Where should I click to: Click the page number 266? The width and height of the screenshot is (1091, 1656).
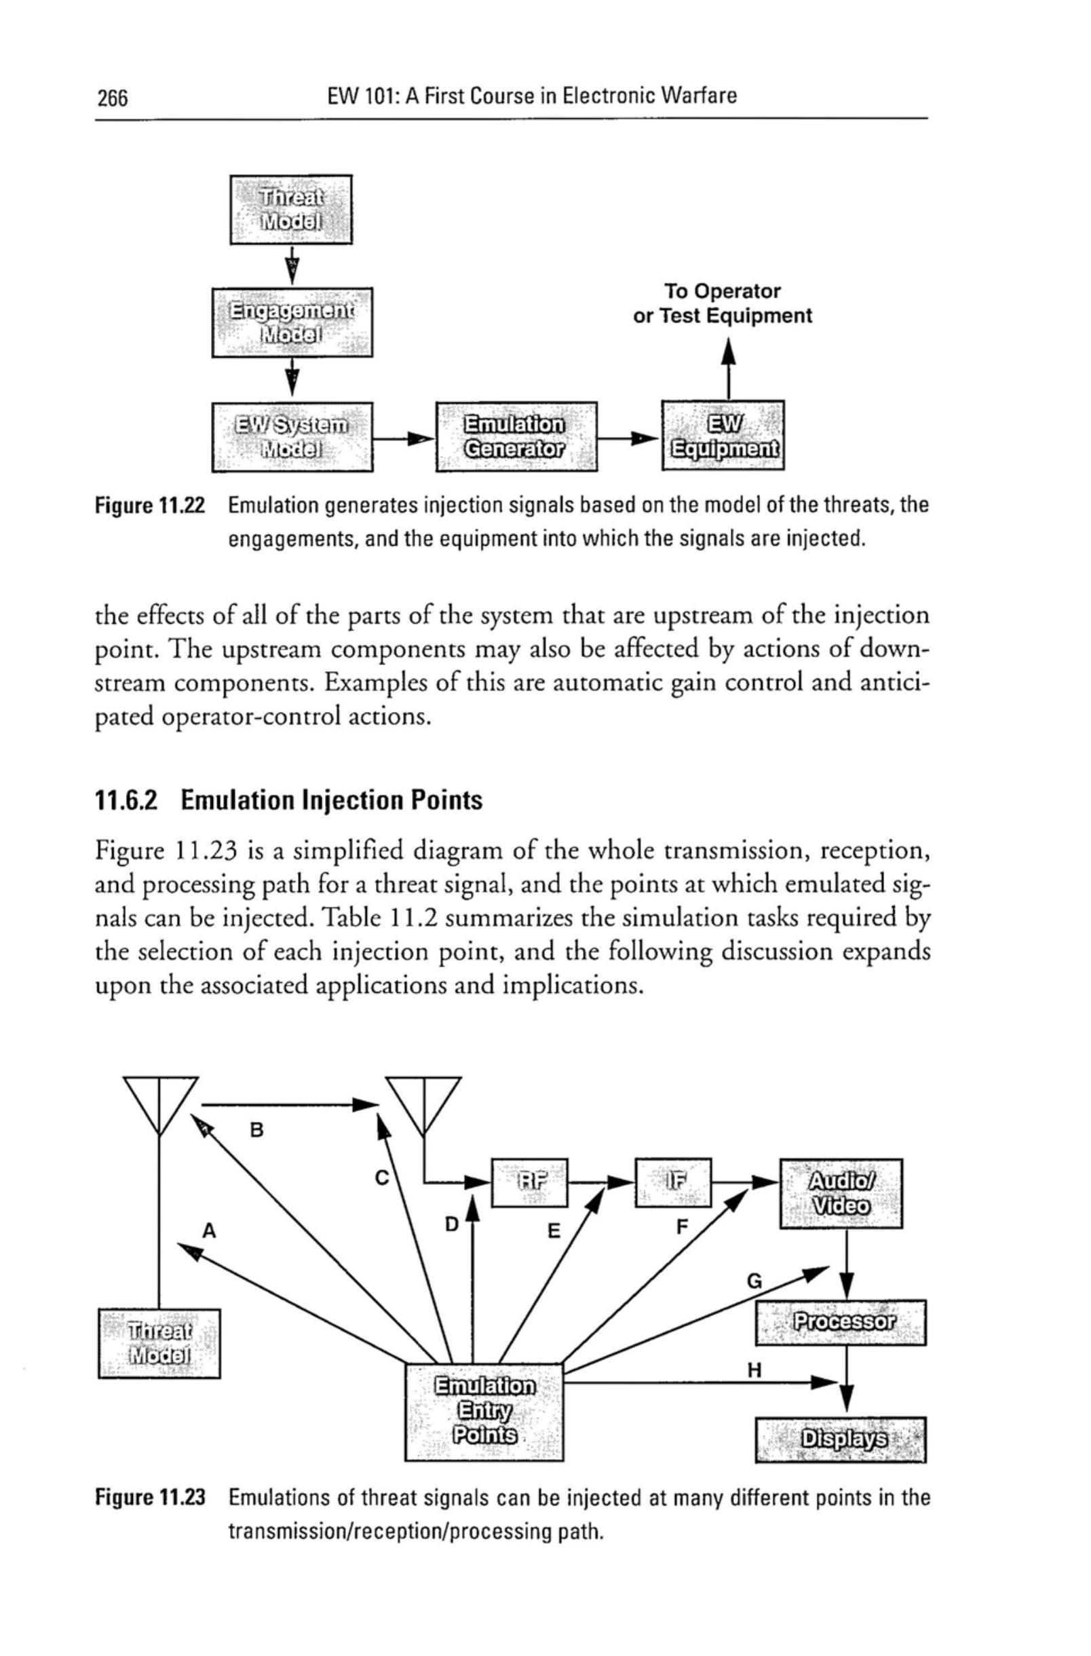(x=113, y=98)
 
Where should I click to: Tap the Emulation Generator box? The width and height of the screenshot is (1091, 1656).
(x=516, y=436)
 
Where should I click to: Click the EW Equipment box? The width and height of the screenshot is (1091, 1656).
(x=724, y=436)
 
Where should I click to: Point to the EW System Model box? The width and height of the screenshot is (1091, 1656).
(x=292, y=436)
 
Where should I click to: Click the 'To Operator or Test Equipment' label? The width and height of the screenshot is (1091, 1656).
(x=722, y=303)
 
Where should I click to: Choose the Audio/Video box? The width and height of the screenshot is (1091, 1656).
(x=841, y=1192)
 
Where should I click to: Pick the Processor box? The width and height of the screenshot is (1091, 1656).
(x=841, y=1322)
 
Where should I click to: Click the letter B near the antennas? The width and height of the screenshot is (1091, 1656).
(x=256, y=1130)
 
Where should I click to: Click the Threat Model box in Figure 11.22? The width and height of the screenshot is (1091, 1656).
(x=291, y=210)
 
